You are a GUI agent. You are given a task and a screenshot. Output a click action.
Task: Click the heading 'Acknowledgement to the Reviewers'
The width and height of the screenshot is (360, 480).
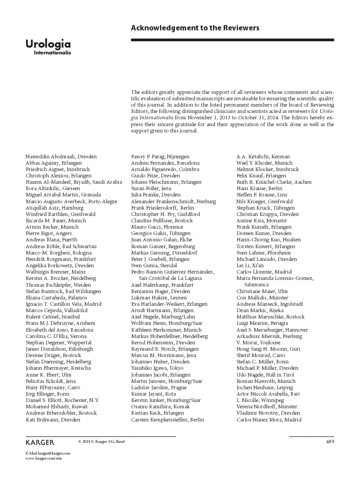[x=195, y=28]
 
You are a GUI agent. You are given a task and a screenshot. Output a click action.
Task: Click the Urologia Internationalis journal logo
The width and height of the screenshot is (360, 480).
[x=48, y=47]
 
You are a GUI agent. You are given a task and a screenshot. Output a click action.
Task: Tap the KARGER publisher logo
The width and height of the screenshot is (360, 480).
[x=40, y=442]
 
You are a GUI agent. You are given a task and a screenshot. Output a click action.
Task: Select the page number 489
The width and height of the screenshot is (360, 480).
[x=330, y=442]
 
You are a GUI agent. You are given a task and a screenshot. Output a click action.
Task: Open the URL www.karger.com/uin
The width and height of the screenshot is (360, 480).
[x=43, y=459]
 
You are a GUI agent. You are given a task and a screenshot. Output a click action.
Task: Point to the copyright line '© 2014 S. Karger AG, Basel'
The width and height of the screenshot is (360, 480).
[x=102, y=441]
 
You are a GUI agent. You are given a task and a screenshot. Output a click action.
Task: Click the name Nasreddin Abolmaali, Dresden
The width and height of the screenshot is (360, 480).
[x=61, y=157]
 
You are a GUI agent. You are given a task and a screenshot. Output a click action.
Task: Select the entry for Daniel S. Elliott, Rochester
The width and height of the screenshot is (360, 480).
[x=62, y=401]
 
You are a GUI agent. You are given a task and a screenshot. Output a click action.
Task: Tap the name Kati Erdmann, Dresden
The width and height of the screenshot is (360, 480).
[x=53, y=420]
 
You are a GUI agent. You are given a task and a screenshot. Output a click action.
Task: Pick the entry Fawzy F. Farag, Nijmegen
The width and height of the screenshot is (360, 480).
[x=160, y=157]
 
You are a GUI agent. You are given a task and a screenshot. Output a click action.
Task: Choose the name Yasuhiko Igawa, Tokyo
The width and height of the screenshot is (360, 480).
[x=157, y=368]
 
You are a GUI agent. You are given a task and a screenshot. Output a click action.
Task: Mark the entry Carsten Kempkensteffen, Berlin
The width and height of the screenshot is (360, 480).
[x=168, y=420]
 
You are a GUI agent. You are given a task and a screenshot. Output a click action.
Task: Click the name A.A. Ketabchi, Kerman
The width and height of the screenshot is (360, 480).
[x=263, y=157]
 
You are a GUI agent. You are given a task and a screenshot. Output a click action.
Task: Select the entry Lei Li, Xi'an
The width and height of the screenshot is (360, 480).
[x=251, y=265]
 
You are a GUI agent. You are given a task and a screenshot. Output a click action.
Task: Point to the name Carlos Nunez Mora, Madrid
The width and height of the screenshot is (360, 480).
[x=269, y=420]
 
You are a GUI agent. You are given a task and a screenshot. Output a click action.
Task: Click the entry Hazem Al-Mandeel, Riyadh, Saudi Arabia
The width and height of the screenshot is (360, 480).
[x=73, y=182]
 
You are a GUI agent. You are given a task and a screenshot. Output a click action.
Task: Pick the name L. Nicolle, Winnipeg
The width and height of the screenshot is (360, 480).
[x=260, y=401]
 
